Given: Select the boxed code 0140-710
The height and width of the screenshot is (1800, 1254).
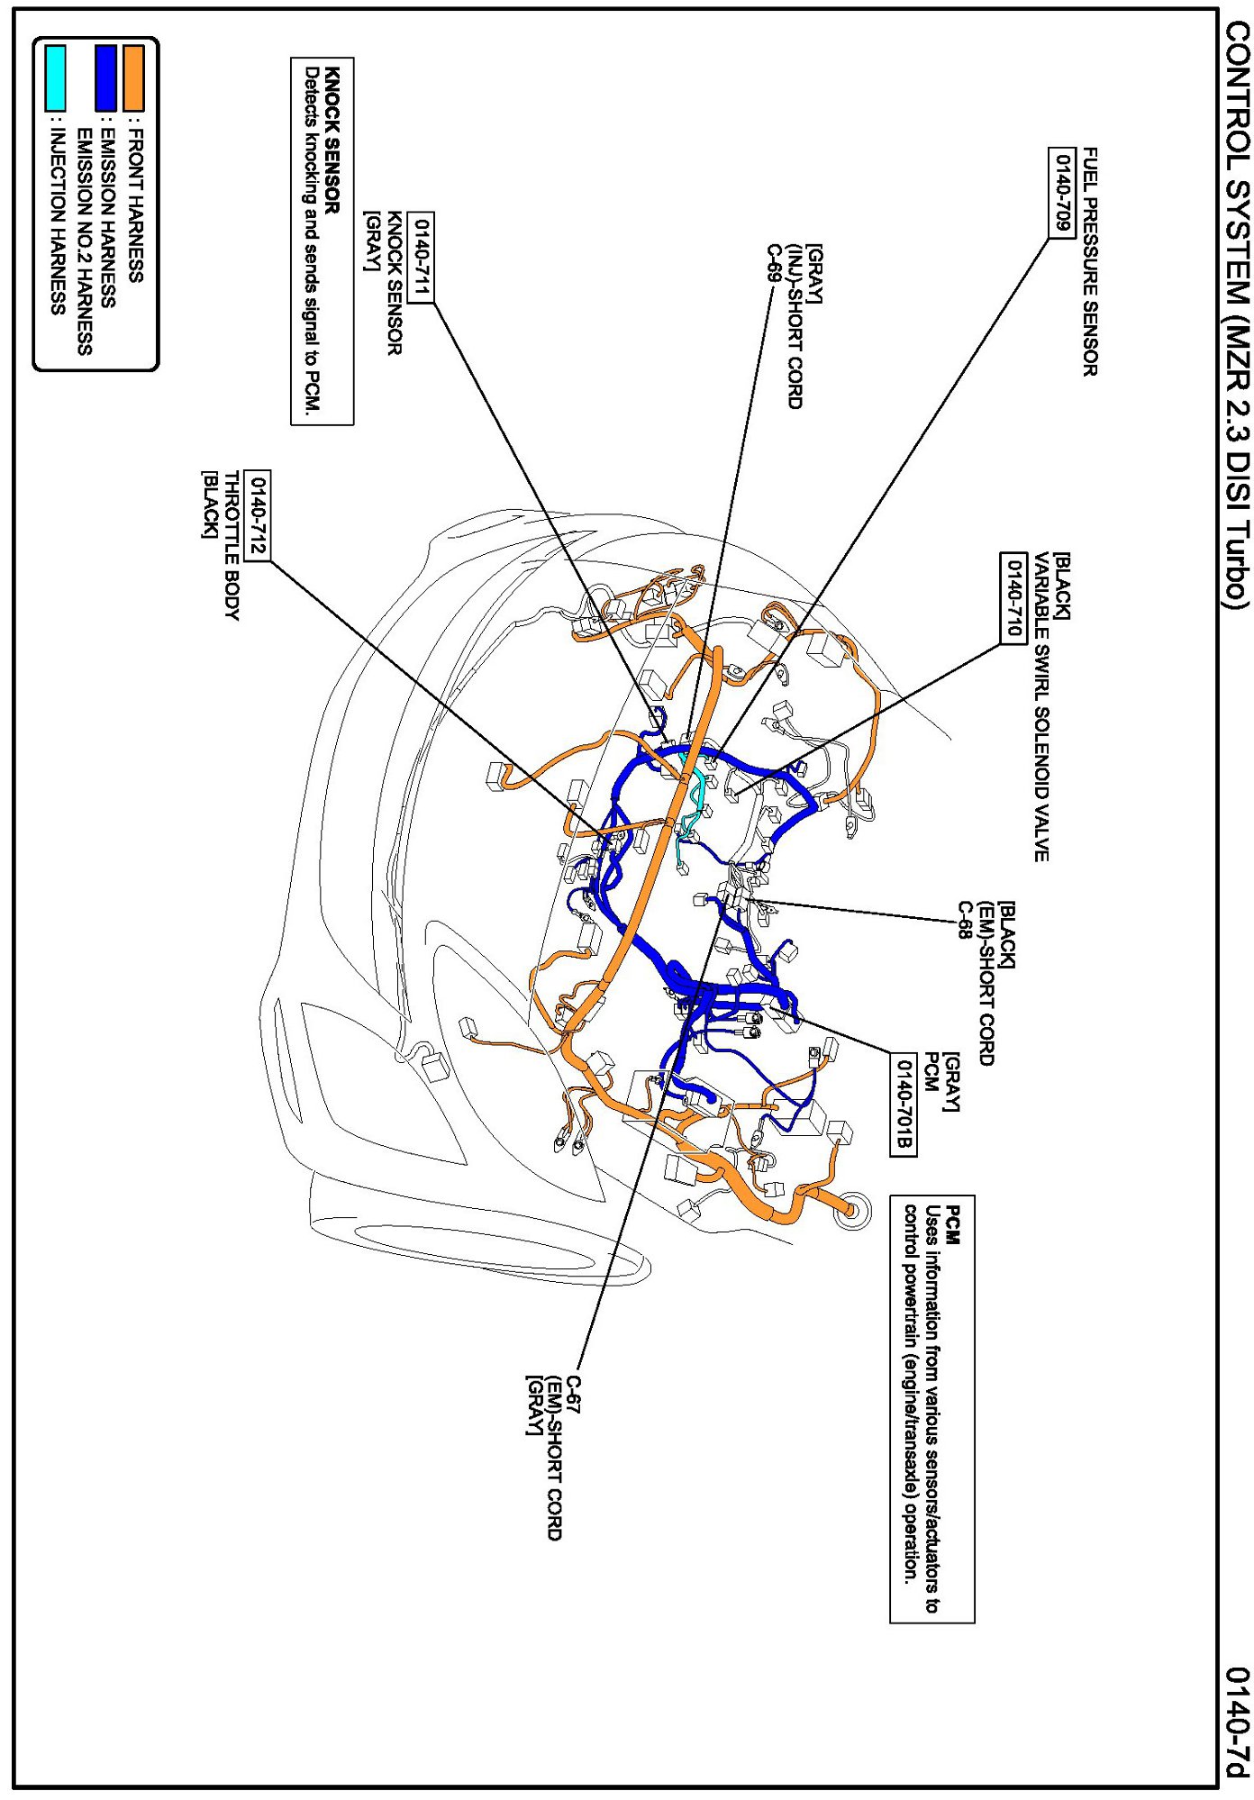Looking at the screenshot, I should [1013, 598].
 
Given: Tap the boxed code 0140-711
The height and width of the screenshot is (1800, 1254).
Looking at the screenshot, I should [421, 258].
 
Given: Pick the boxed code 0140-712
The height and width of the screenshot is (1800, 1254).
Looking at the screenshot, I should [257, 515].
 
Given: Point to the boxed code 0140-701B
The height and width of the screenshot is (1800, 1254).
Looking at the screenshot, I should [904, 1104].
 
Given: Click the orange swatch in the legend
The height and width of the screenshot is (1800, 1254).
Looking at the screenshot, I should [134, 79].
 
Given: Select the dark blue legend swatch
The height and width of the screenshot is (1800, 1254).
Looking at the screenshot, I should [106, 79].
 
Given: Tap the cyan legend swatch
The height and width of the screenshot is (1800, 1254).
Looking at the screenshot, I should [55, 79].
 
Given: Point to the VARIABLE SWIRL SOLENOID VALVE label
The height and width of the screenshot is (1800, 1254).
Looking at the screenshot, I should [1040, 706].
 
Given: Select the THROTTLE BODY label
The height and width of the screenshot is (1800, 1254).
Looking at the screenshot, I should [232, 545].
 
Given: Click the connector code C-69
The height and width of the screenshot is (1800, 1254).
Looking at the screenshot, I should [772, 263].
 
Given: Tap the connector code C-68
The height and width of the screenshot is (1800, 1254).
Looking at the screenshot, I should [964, 920].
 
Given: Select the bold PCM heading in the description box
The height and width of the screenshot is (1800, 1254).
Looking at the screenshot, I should [954, 1225].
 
